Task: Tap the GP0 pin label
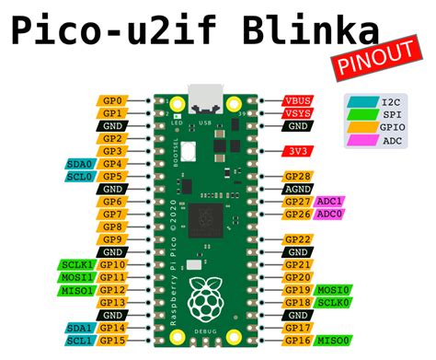111,99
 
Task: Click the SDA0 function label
78,163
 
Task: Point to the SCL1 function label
78,341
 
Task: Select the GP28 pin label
297,176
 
